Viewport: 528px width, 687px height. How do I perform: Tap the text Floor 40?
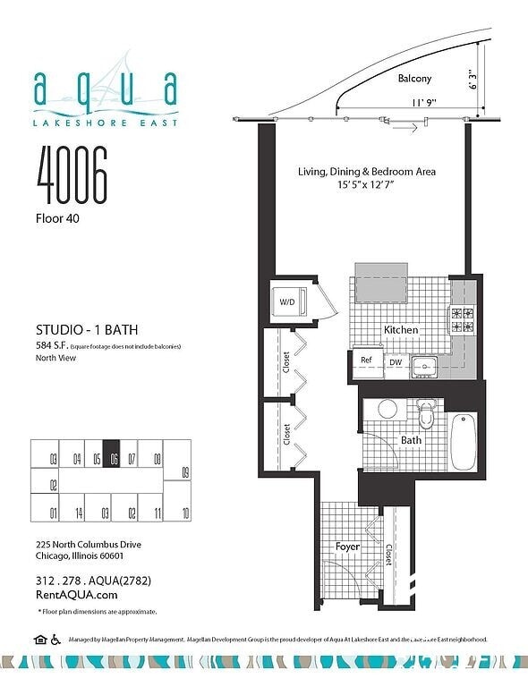click(x=59, y=217)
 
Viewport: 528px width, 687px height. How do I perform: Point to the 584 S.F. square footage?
click(x=52, y=344)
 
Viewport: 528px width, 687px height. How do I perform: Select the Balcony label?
click(x=414, y=79)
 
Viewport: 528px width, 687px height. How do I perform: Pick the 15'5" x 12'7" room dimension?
click(x=366, y=184)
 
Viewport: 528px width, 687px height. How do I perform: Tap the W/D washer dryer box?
click(x=288, y=301)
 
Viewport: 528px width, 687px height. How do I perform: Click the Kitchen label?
click(x=401, y=330)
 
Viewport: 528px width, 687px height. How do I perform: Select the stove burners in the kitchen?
click(x=463, y=320)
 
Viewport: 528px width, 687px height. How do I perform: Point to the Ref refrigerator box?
click(x=366, y=360)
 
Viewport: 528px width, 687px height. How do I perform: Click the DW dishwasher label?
click(x=395, y=362)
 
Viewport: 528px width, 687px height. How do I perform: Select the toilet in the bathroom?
click(x=426, y=414)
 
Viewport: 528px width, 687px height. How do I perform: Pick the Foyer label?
click(x=347, y=546)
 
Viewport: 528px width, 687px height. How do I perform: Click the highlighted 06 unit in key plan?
click(x=112, y=455)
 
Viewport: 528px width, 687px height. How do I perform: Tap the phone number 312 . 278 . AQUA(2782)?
click(x=93, y=581)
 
